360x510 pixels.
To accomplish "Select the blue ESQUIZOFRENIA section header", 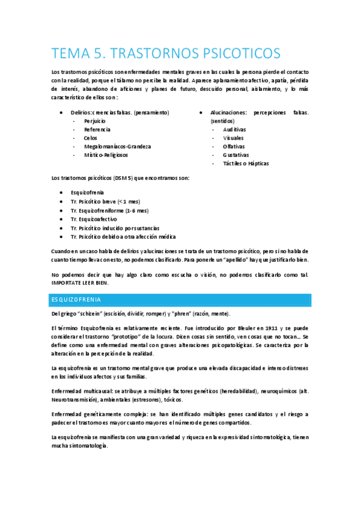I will click(76, 300).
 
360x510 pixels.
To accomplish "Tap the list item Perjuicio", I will click(95, 121).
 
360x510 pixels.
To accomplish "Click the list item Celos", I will click(91, 138).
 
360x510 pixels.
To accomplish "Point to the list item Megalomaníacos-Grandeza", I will click(117, 146).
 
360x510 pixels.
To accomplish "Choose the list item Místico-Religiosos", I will click(106, 155).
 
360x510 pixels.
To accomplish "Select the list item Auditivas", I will click(234, 129).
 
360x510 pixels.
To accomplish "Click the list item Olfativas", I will click(234, 146).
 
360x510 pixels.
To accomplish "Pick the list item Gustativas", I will click(236, 155).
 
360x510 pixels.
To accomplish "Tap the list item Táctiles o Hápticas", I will click(246, 163).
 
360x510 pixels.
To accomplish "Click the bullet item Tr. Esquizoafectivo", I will click(94, 219).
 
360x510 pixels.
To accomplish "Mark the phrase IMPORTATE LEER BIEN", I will click(83, 282).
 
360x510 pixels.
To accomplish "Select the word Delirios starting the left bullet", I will click(81, 112).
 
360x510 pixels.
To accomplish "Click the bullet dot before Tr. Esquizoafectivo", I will click(63, 219).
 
